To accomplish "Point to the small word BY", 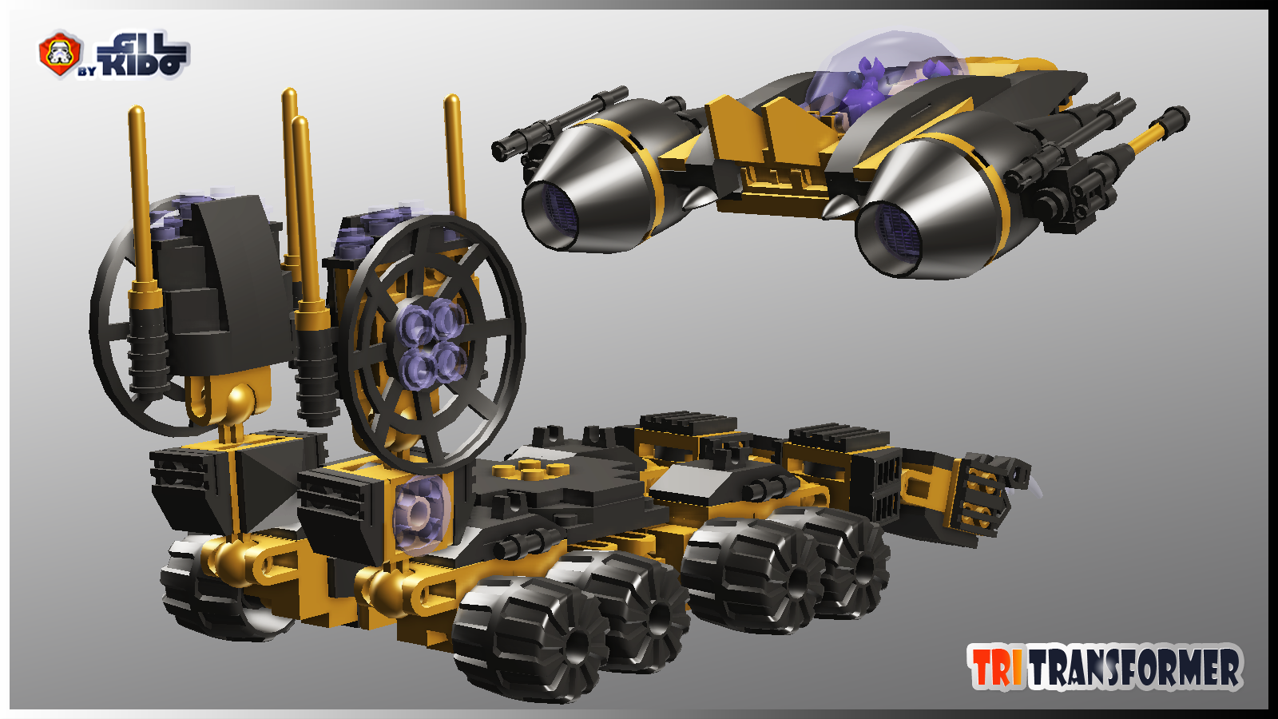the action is (87, 71).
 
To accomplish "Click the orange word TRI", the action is (997, 667).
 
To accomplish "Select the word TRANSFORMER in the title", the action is (1135, 667).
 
